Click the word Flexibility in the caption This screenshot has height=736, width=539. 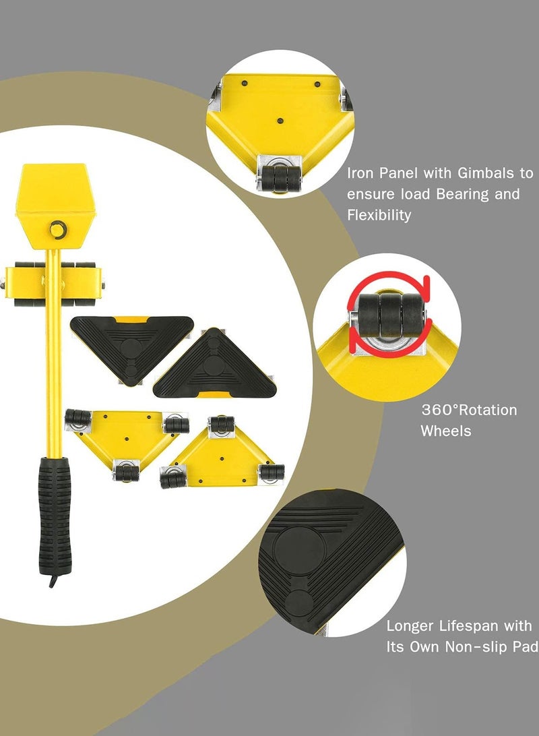pos(379,216)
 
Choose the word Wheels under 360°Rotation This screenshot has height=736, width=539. pos(446,431)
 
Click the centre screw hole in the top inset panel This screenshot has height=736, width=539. pos(280,121)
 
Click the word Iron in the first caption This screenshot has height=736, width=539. pos(361,173)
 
